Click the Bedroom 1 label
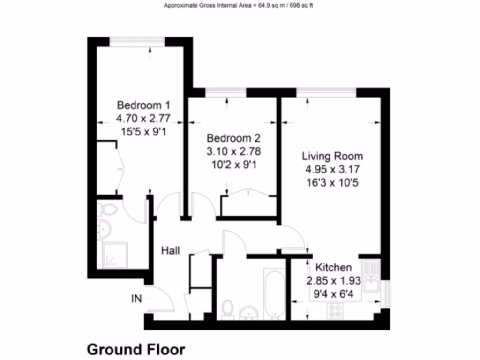click(143, 105)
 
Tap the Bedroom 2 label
click(233, 138)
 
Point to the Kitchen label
click(333, 268)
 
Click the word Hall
click(171, 251)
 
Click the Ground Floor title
click(136, 349)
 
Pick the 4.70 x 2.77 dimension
click(143, 118)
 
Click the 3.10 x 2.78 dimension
click(233, 152)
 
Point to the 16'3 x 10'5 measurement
click(332, 183)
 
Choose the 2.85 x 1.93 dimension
click(333, 281)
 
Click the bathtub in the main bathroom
click(275, 293)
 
